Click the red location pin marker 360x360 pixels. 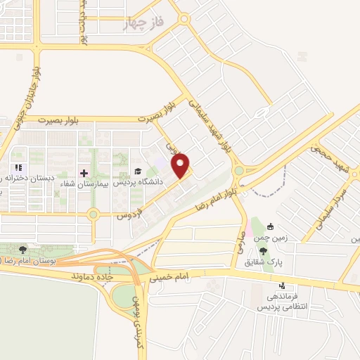181,165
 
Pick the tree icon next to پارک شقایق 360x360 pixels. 263,251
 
